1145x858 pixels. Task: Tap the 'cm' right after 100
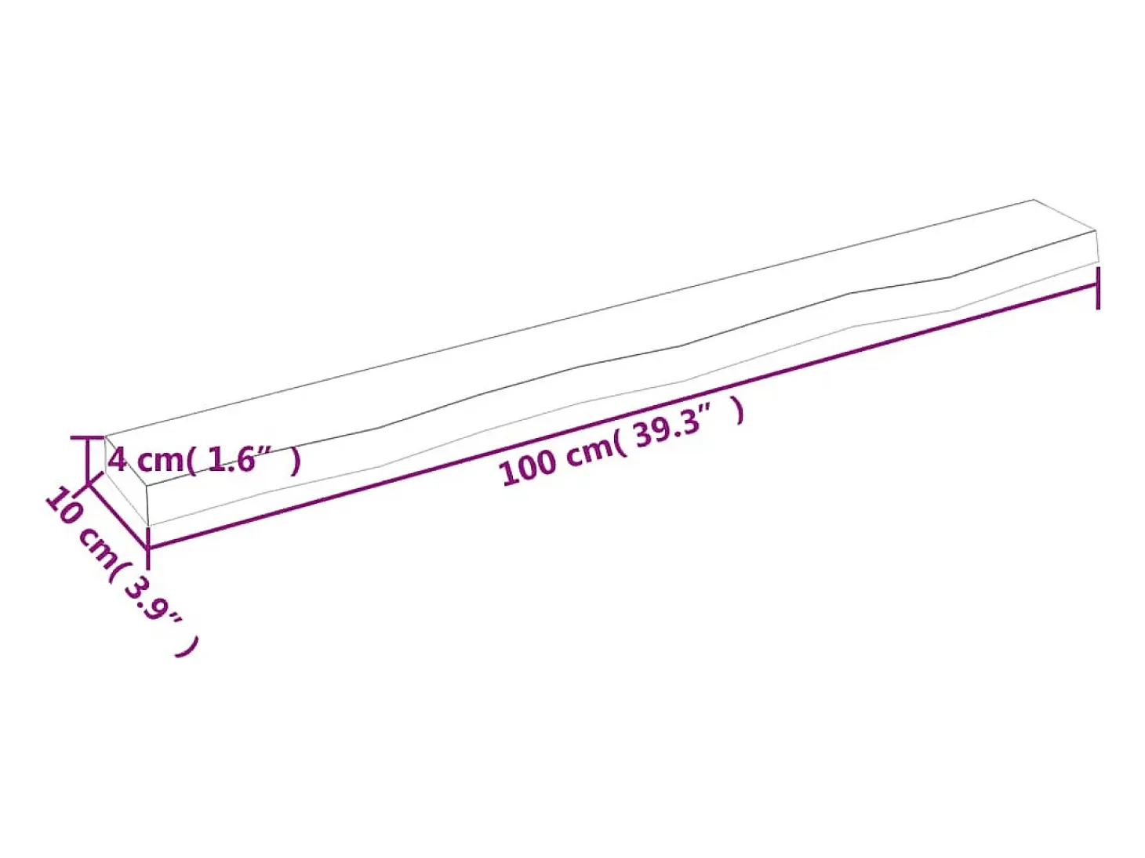pyautogui.click(x=589, y=450)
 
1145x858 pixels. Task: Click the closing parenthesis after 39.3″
pyautogui.click(x=738, y=411)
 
